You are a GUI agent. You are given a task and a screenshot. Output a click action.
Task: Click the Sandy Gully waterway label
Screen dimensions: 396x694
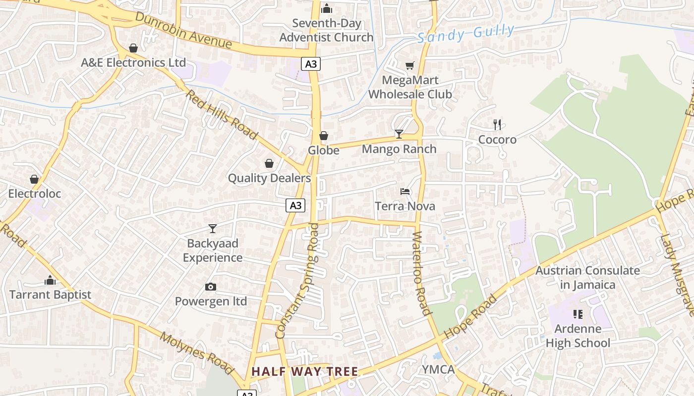tap(465, 34)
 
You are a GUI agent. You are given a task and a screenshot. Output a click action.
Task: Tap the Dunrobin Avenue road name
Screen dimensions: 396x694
tap(183, 30)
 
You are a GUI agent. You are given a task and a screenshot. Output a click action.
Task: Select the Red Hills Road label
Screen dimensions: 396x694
tap(222, 114)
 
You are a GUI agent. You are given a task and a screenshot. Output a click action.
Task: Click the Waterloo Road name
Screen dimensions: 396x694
tap(421, 273)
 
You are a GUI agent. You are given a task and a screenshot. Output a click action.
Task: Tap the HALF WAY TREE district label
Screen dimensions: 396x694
tap(304, 371)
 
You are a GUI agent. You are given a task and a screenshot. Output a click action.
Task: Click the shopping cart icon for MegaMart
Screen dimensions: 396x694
tap(409, 65)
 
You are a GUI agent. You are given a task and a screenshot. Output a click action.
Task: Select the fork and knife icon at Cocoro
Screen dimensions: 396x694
tap(497, 125)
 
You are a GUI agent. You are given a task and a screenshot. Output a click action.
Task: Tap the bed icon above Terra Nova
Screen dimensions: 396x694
tap(405, 192)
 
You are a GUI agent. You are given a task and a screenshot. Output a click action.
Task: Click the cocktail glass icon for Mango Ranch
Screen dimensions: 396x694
tap(399, 134)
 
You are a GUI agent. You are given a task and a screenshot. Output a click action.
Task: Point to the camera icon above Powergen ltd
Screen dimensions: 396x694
tap(211, 287)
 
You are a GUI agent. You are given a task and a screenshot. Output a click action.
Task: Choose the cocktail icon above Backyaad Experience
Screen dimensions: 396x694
tap(213, 229)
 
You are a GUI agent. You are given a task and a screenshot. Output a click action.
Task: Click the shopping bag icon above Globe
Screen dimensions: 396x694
tap(324, 136)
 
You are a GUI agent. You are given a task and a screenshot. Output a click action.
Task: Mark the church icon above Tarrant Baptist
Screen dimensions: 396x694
tap(50, 280)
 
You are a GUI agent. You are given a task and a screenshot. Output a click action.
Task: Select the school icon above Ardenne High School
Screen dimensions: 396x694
tap(578, 314)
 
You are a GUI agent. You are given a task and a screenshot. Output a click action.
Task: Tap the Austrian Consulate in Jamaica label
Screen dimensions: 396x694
tap(587, 278)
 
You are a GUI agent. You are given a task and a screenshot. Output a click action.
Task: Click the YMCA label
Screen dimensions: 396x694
tap(438, 369)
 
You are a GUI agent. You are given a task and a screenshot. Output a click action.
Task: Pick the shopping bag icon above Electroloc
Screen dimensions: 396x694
tap(34, 179)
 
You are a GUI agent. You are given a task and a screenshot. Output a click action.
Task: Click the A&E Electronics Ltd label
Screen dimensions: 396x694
tap(133, 62)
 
